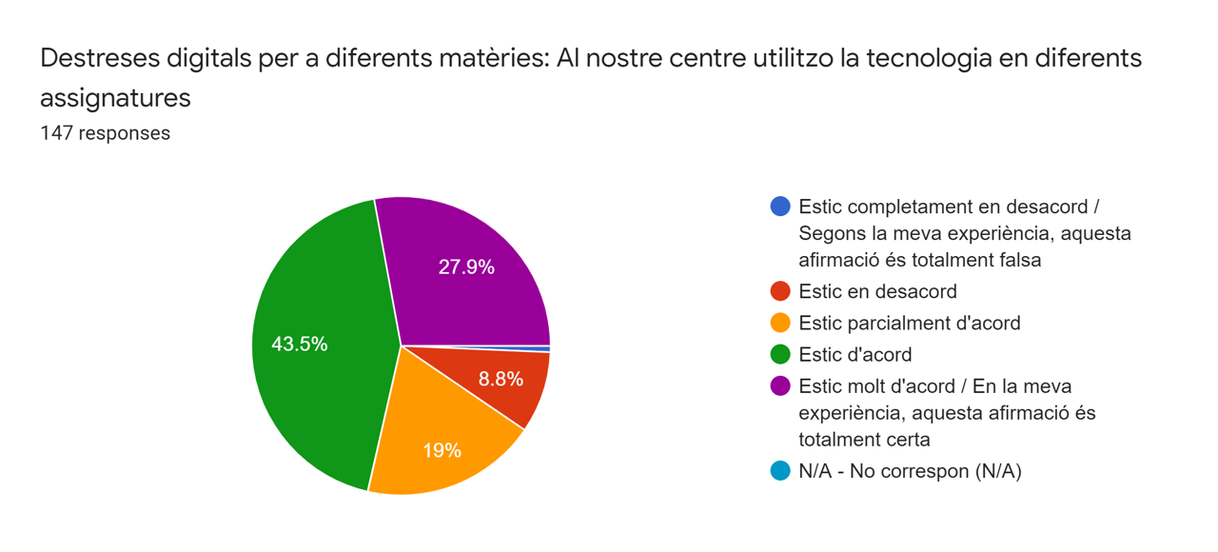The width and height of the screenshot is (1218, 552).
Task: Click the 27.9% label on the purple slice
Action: click(466, 267)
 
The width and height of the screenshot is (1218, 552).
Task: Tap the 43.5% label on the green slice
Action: click(300, 345)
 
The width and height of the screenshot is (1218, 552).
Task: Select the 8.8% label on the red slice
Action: click(501, 379)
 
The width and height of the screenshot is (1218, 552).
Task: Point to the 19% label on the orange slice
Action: click(442, 450)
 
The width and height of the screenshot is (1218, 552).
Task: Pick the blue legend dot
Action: click(780, 207)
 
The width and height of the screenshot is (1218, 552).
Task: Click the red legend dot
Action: click(780, 291)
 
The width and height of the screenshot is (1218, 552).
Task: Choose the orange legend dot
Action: click(780, 323)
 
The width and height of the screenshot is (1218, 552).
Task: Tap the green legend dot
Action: click(780, 354)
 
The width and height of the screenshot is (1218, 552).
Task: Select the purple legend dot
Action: click(780, 386)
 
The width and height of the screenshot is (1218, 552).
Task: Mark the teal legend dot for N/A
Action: click(780, 471)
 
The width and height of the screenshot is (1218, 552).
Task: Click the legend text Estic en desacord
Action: click(877, 291)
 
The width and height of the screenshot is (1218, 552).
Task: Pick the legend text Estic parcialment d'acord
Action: click(909, 323)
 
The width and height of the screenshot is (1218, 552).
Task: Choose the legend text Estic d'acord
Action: click(855, 354)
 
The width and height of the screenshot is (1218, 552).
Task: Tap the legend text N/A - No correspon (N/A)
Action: click(910, 471)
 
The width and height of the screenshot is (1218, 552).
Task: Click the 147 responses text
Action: click(105, 133)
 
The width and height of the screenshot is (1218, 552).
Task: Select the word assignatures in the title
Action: click(115, 97)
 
